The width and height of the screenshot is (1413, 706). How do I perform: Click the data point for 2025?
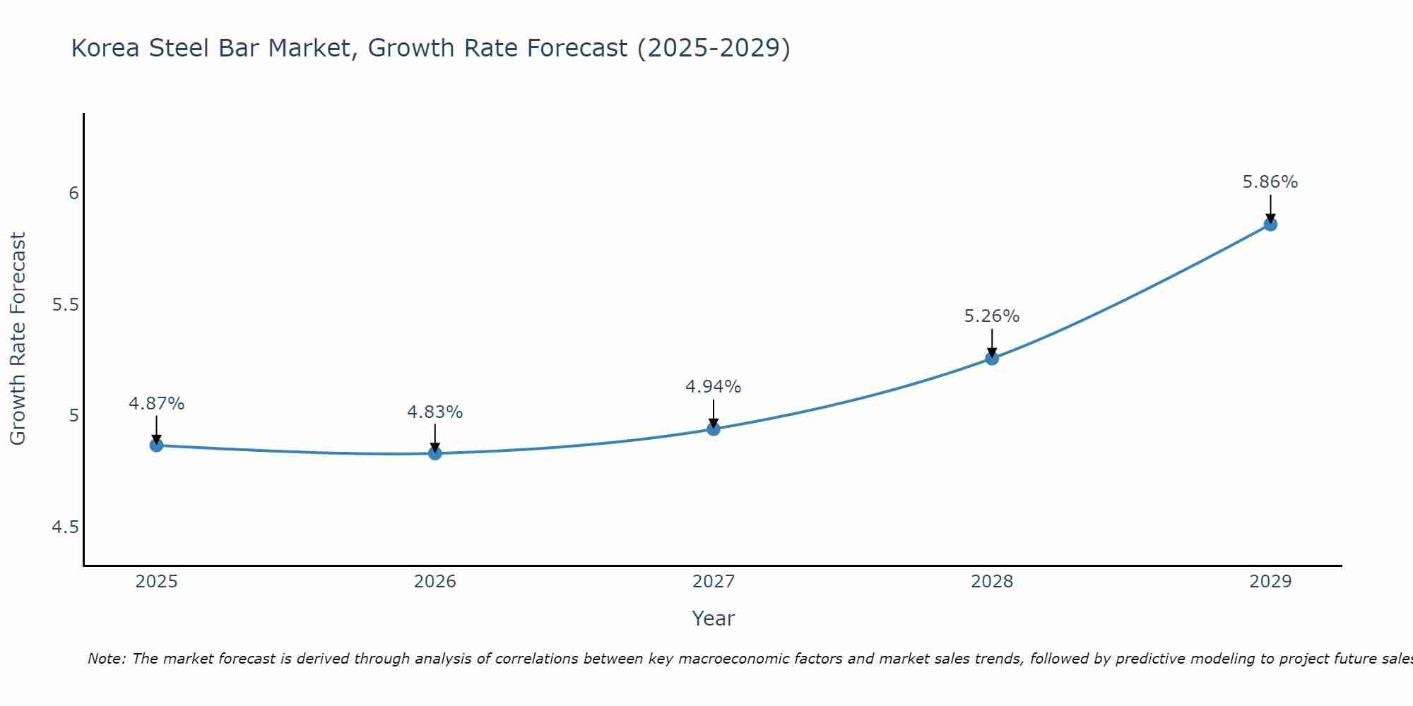(156, 445)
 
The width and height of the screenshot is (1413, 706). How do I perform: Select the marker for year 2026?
(434, 453)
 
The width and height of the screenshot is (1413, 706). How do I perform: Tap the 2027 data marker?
(714, 429)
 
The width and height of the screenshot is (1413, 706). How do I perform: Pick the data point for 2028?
(992, 358)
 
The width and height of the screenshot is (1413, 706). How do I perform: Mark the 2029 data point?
(1270, 225)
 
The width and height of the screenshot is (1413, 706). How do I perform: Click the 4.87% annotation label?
(156, 404)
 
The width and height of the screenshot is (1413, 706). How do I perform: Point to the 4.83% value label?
(434, 412)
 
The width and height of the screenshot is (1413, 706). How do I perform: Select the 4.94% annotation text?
(714, 387)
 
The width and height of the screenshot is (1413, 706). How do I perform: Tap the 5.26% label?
(992, 316)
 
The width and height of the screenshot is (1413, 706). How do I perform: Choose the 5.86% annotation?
(1270, 182)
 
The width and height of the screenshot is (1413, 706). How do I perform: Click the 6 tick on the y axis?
(73, 193)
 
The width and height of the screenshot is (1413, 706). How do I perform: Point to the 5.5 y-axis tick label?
(66, 305)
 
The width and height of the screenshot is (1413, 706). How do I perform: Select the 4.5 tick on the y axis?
(66, 527)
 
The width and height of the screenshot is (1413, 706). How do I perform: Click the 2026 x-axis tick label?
(434, 582)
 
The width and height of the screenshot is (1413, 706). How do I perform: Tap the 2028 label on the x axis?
(992, 582)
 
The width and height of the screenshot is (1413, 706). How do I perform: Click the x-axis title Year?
(714, 618)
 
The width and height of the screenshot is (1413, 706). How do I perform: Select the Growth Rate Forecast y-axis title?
(18, 339)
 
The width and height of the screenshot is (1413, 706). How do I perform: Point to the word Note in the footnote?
(106, 659)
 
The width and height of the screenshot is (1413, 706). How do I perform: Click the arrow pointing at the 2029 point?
(1270, 208)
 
